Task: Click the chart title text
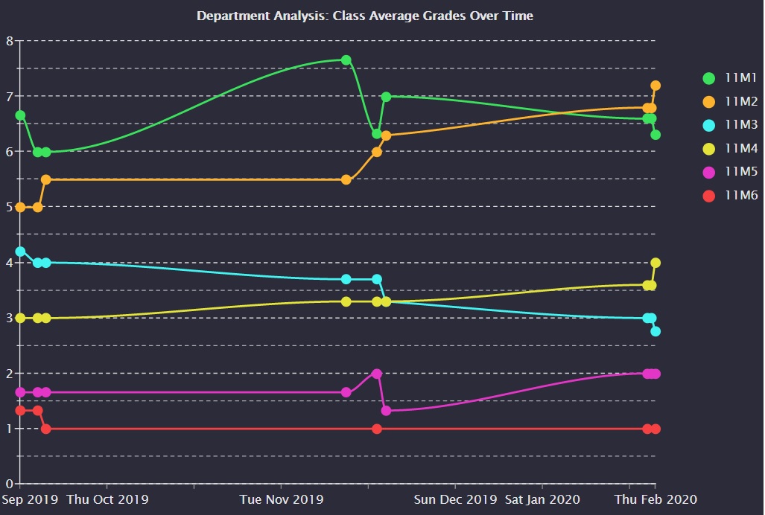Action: (365, 16)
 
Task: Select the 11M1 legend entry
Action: (731, 78)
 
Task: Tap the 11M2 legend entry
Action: (731, 101)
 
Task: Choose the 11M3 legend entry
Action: (731, 125)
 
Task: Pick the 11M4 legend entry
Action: (731, 149)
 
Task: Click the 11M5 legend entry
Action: (731, 172)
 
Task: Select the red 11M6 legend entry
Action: (731, 196)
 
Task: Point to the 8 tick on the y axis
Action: (10, 41)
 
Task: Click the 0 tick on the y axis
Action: (10, 484)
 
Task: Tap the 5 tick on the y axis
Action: (10, 207)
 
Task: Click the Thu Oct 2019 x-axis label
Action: (108, 499)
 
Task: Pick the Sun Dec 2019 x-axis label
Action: (456, 499)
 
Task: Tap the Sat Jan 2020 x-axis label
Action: (542, 499)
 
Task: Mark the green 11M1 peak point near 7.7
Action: (346, 60)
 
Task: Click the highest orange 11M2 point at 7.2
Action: (656, 86)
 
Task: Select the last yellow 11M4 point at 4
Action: (656, 263)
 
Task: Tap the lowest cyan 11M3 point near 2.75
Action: (656, 331)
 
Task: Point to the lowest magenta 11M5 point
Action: (386, 411)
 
